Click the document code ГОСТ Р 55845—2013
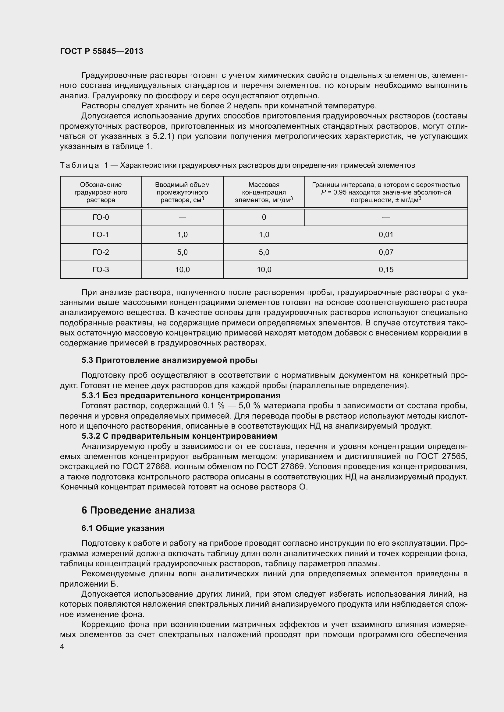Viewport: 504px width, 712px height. (x=101, y=51)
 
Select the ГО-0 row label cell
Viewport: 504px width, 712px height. (x=101, y=217)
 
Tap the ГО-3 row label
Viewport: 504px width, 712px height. (x=101, y=269)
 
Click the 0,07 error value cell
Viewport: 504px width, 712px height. (x=386, y=252)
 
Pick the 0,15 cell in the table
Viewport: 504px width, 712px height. (x=386, y=269)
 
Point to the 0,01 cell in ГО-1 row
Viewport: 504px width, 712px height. (x=386, y=235)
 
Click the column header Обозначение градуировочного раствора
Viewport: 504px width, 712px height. (x=101, y=192)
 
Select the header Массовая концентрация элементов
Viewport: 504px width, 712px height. (x=264, y=192)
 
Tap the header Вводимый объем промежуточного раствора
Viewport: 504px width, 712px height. (x=182, y=192)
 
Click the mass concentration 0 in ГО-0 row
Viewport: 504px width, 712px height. (x=264, y=217)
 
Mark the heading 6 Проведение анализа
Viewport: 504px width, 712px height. (x=138, y=510)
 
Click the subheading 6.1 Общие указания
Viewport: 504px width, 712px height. (x=123, y=528)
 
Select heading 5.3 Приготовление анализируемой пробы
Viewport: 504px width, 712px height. (x=169, y=360)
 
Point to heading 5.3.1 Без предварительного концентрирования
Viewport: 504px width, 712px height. (x=181, y=395)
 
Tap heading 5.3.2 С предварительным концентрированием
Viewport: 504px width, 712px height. (x=179, y=436)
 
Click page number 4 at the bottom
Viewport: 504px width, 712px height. (x=62, y=647)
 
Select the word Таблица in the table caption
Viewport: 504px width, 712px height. (x=80, y=165)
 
